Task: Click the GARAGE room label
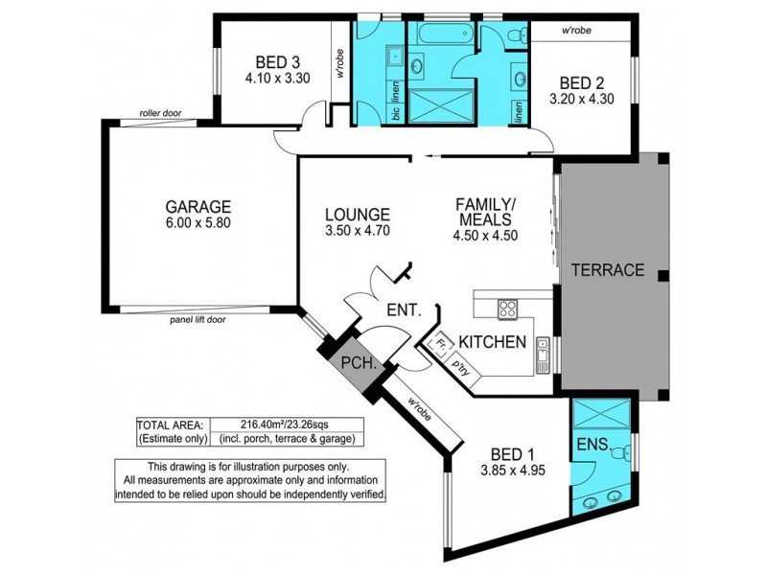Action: [198, 207]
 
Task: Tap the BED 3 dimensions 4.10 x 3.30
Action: [277, 79]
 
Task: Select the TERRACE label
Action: [608, 270]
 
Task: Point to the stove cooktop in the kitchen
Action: [507, 309]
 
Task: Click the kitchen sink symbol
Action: [543, 356]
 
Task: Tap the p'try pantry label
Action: [461, 367]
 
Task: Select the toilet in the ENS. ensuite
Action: [620, 453]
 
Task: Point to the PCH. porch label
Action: [359, 363]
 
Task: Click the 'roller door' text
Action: [160, 113]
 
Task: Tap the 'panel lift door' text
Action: [198, 320]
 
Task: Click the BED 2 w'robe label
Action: [576, 31]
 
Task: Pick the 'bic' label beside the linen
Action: [396, 113]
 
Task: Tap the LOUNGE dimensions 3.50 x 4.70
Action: [358, 230]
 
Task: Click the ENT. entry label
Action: [404, 310]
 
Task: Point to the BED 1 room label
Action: [512, 454]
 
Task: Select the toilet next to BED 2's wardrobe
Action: [517, 35]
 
